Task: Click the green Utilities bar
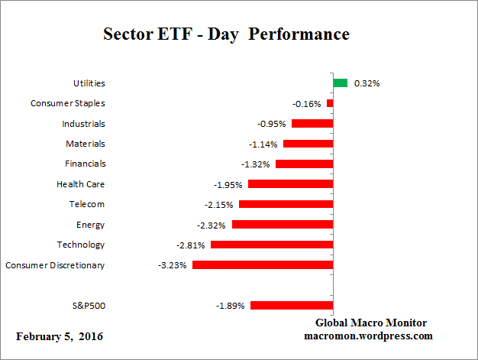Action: coord(341,83)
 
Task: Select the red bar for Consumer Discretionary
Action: coord(263,265)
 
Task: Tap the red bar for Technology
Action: coord(272,245)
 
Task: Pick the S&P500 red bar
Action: coord(292,306)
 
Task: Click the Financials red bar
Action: coord(304,164)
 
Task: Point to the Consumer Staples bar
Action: coord(330,103)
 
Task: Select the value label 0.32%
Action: coord(367,83)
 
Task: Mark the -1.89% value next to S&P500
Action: coord(231,306)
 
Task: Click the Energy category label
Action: coord(90,225)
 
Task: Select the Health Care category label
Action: coord(80,184)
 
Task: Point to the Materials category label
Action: coord(86,144)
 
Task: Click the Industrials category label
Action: coord(83,123)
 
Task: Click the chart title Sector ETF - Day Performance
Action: coord(226,34)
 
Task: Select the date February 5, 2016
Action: coord(60,336)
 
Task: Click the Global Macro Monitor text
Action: coord(371,323)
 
